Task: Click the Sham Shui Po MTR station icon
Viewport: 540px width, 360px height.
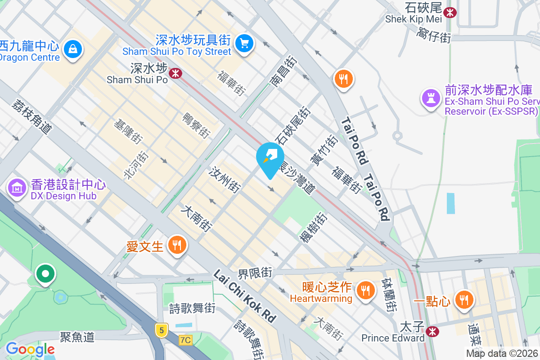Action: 175,73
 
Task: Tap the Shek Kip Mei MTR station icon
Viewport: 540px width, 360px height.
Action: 449,12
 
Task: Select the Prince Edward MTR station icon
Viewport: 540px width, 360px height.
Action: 432,332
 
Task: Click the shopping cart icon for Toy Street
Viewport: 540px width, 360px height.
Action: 244,43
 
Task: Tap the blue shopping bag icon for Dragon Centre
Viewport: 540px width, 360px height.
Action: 72,48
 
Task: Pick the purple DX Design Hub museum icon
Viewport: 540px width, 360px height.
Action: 17,188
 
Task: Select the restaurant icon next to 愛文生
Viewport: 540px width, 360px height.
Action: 177,245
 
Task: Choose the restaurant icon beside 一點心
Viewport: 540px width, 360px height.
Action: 463,300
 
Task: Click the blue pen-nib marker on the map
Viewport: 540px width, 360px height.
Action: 270,158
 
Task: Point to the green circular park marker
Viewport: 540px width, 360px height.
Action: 45,273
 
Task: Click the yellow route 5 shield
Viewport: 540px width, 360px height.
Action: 161,330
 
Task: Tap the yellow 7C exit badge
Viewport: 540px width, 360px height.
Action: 185,340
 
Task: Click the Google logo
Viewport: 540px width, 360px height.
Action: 30,349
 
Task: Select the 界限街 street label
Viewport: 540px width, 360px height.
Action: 255,272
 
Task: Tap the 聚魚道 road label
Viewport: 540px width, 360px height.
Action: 77,337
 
